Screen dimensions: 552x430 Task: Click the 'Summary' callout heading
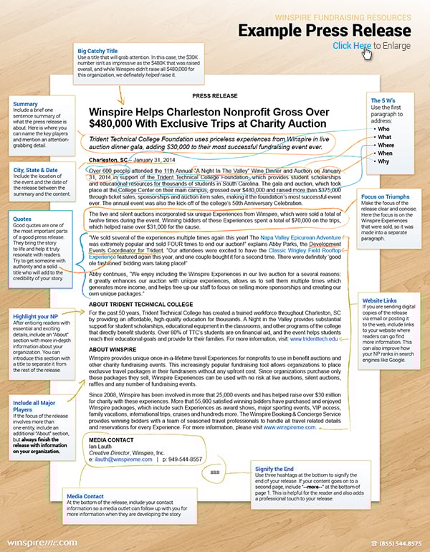(x=27, y=104)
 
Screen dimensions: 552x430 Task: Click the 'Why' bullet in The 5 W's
(x=385, y=162)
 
